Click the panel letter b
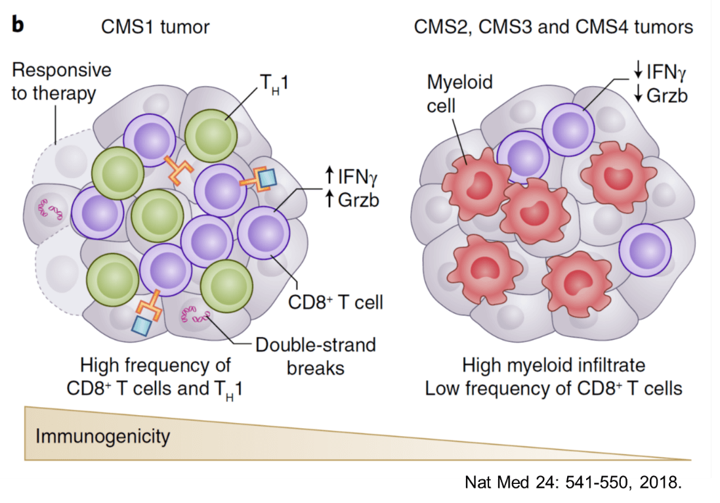pyautogui.click(x=18, y=25)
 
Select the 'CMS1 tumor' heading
pyautogui.click(x=155, y=27)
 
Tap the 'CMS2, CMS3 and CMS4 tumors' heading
pyautogui.click(x=553, y=27)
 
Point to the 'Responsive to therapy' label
pyautogui.click(x=61, y=81)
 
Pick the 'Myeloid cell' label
pyautogui.click(x=459, y=93)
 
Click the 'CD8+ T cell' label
pyautogui.click(x=335, y=302)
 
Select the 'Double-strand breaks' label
pyautogui.click(x=315, y=355)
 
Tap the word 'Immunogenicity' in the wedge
pyautogui.click(x=102, y=435)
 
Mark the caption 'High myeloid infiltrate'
pyautogui.click(x=553, y=365)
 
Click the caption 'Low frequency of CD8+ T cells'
pyautogui.click(x=553, y=388)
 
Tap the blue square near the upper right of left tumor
pyautogui.click(x=267, y=178)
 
